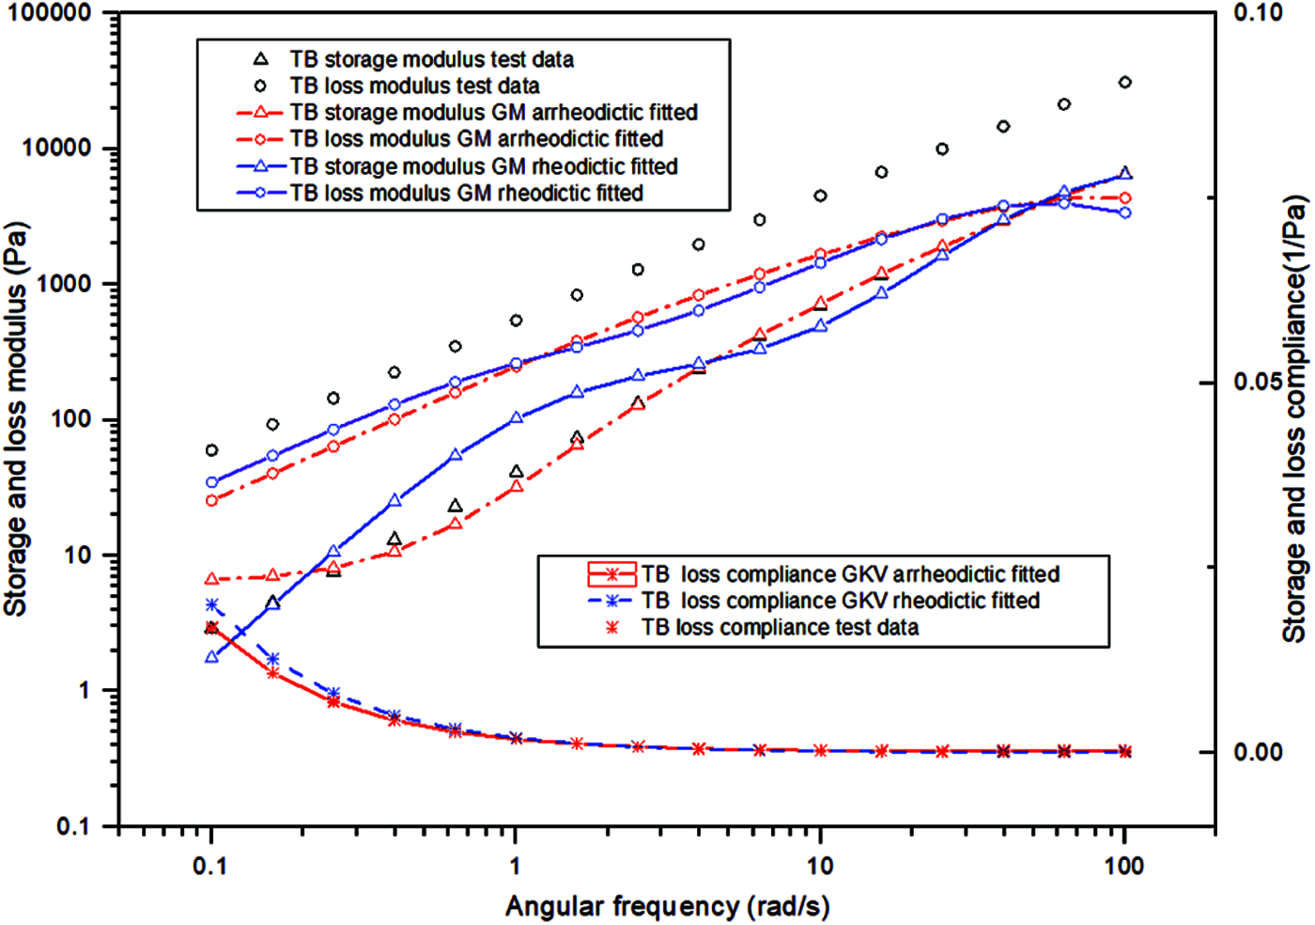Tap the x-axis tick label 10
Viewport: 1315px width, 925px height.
[x=820, y=866]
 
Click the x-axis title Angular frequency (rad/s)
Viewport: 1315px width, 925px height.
[x=667, y=906]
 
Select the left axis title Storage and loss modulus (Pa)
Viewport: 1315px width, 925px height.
[x=16, y=419]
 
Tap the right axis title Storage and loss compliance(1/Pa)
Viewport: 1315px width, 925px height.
[x=1295, y=419]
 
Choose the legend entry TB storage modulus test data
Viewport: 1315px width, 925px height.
[x=431, y=59]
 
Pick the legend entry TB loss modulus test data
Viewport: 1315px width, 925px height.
[x=414, y=86]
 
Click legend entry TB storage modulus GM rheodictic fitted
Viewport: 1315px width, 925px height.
[x=483, y=166]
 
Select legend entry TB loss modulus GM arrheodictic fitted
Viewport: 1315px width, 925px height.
[x=475, y=139]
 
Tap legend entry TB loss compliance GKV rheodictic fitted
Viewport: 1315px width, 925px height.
[x=840, y=601]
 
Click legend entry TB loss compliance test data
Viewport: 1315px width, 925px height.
[x=780, y=627]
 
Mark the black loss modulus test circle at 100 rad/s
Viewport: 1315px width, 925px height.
[x=1124, y=83]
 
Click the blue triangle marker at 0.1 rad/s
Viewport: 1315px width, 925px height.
[x=211, y=657]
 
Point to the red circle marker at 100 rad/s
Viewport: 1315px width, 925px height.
[x=1124, y=198]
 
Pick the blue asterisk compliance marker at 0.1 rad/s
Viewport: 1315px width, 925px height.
[x=211, y=604]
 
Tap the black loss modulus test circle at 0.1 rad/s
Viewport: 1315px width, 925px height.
[x=211, y=450]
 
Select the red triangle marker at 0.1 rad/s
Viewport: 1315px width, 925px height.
[x=211, y=579]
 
